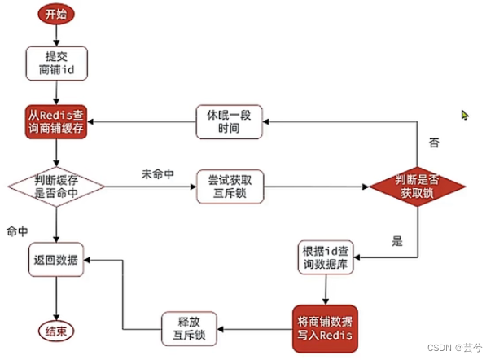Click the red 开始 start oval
[55, 14]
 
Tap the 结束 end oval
[55, 331]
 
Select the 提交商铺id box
[55, 64]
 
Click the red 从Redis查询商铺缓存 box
[55, 123]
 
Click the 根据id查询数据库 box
[327, 259]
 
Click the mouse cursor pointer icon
[464, 115]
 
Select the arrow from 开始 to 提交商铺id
[55, 34]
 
